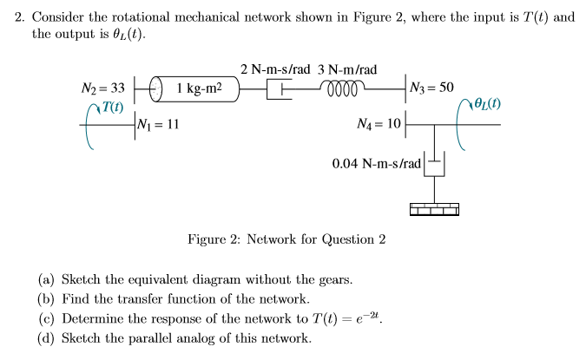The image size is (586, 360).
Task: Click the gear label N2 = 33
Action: (103, 88)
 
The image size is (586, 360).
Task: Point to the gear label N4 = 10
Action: (379, 124)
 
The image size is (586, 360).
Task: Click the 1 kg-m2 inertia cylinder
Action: (197, 88)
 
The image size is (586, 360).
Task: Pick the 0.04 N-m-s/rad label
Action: (377, 163)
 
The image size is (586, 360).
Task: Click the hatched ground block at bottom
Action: (433, 208)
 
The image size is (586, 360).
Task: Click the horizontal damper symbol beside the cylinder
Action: (280, 88)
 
